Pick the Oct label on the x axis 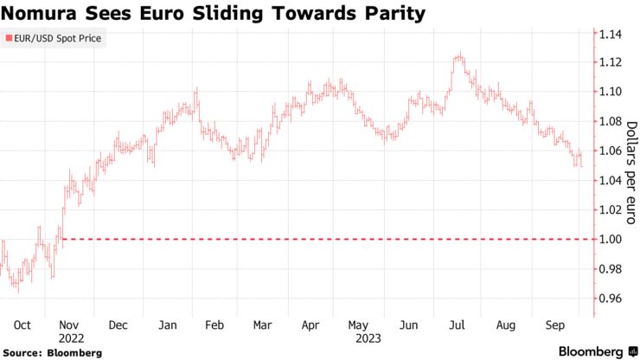tap(22, 325)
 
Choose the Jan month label tap(168, 325)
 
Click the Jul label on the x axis tap(456, 325)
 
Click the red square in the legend tap(9, 39)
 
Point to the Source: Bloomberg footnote tap(52, 353)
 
